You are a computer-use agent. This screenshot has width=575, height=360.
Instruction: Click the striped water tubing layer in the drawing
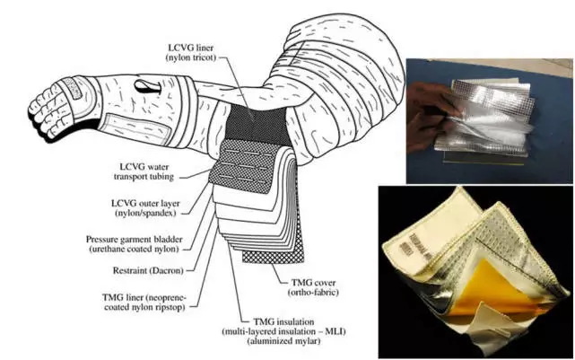point(228,170)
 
